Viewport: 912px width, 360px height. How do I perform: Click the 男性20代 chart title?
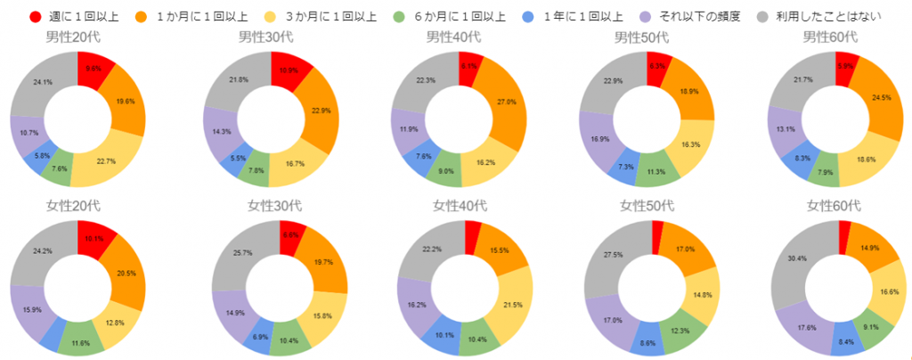tap(77, 37)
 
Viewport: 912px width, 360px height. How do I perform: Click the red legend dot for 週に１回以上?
tap(35, 16)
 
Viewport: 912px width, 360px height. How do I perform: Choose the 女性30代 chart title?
tap(268, 206)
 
